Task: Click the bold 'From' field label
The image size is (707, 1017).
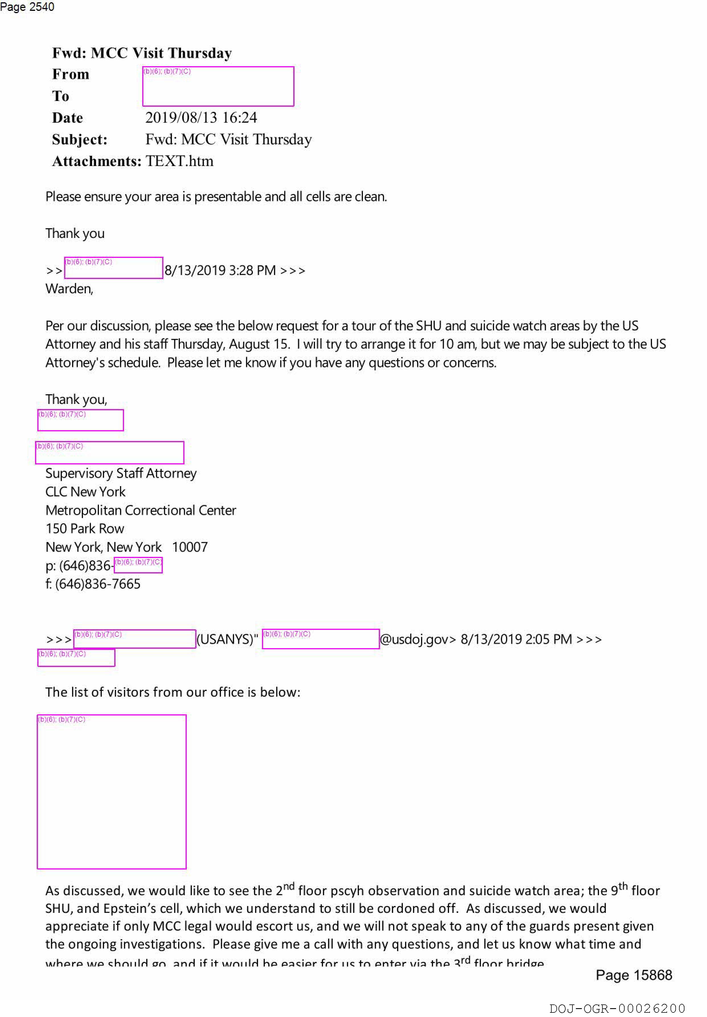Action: [x=70, y=74]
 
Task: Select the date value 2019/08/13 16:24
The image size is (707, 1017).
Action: [x=201, y=118]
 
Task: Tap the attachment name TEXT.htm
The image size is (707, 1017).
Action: [x=179, y=161]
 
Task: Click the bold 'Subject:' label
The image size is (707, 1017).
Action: [x=80, y=139]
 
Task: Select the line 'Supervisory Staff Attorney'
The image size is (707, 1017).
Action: [x=121, y=474]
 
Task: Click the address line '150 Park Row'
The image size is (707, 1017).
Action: [x=85, y=529]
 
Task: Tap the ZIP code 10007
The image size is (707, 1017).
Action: [x=190, y=547]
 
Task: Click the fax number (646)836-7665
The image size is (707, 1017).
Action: [x=98, y=584]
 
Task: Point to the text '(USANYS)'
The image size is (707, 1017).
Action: [x=226, y=639]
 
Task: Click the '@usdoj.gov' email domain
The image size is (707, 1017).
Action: [x=417, y=639]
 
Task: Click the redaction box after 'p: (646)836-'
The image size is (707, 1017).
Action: [x=138, y=565]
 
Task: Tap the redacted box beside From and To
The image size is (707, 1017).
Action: [x=218, y=86]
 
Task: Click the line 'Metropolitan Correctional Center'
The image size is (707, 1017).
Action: [x=141, y=511]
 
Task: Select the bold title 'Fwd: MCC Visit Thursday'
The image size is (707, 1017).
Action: [x=142, y=53]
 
